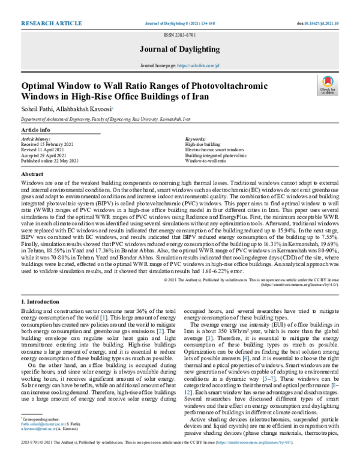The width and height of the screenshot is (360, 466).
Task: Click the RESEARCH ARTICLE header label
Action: coord(51,23)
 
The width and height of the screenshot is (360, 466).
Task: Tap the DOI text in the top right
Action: coord(318,23)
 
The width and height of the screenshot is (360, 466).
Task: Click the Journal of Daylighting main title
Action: coord(180,50)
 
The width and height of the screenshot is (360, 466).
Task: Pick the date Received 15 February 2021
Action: coord(49,145)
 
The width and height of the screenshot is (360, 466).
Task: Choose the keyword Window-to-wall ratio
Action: coord(206,161)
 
